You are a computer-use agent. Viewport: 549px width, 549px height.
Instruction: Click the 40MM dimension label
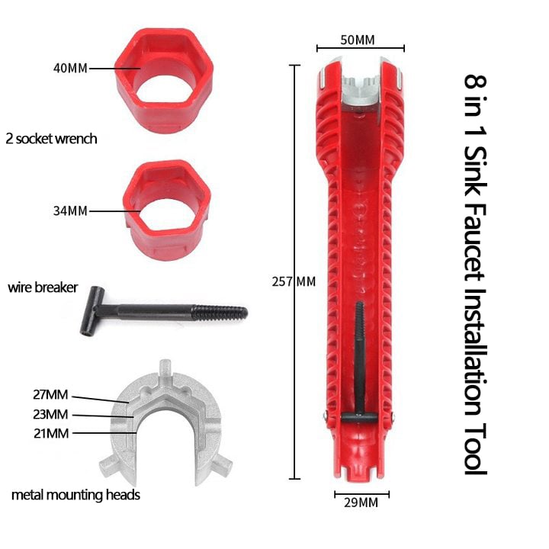(70, 68)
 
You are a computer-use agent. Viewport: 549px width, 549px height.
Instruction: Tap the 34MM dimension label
(70, 210)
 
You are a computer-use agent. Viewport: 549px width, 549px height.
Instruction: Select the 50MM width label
(358, 40)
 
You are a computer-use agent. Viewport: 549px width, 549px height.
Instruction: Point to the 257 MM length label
(294, 281)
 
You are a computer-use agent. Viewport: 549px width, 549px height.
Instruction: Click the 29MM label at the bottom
(361, 502)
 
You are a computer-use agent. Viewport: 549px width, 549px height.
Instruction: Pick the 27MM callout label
(51, 395)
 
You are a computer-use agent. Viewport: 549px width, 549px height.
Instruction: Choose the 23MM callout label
(51, 414)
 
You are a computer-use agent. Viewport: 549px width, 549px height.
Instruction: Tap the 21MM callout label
(52, 433)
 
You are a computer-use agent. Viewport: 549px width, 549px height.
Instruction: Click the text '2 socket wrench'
(52, 139)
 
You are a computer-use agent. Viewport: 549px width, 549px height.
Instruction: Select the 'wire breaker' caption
(43, 287)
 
